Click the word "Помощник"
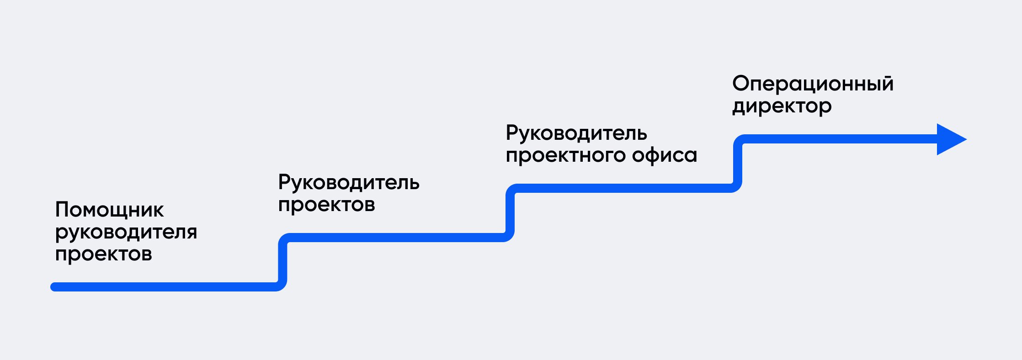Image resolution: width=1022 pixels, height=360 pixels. pyautogui.click(x=109, y=210)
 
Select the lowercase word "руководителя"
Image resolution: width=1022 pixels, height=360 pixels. pyautogui.click(x=126, y=232)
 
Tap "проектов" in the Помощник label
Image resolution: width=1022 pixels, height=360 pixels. pyautogui.click(x=103, y=254)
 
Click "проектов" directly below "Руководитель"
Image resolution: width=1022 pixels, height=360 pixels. pyautogui.click(x=326, y=205)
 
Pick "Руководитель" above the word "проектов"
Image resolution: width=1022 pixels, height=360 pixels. pyautogui.click(x=349, y=182)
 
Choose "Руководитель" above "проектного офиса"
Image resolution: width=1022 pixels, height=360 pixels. pyautogui.click(x=576, y=133)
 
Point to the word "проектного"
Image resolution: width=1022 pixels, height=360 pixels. pyautogui.click(x=566, y=155)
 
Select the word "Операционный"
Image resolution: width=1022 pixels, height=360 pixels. pyautogui.click(x=813, y=84)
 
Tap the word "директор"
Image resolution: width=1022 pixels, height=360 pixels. pyautogui.click(x=782, y=106)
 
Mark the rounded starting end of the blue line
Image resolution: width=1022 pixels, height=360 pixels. pyautogui.click(x=54, y=287)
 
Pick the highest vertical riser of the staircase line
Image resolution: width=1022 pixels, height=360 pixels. pyautogui.click(x=738, y=164)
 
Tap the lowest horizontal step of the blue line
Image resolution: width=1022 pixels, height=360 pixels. pyautogui.click(x=165, y=287)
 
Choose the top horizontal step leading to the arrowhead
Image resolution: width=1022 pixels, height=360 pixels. pyautogui.click(x=836, y=139)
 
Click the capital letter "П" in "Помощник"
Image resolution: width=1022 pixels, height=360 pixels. pyautogui.click(x=61, y=210)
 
